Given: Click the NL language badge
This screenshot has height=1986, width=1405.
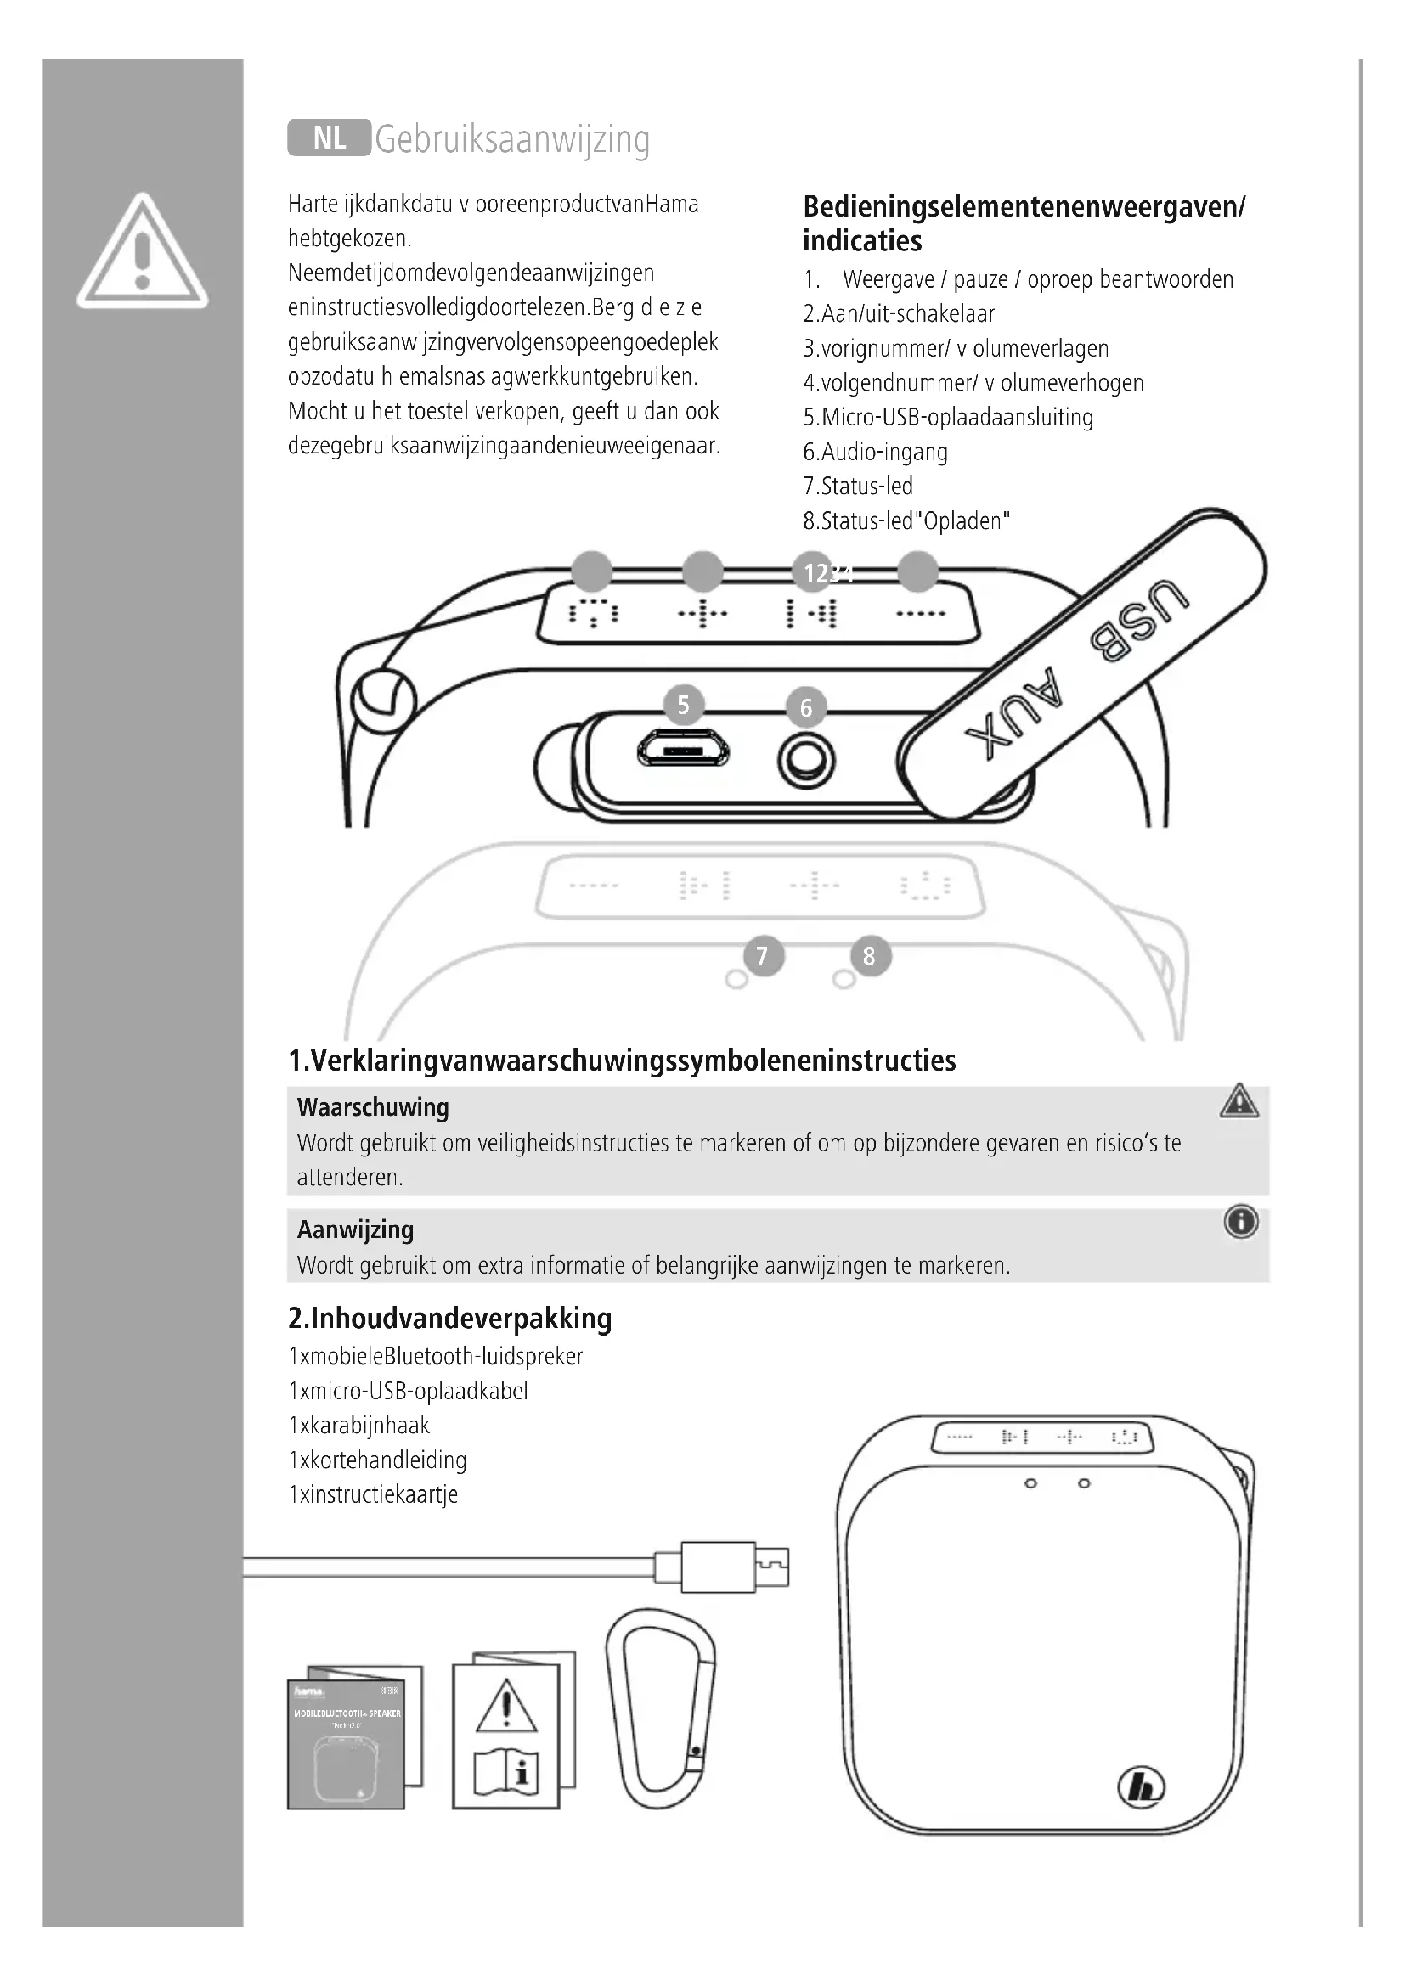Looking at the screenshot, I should pos(329,138).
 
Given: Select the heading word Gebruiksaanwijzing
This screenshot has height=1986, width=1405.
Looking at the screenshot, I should pos(512,139).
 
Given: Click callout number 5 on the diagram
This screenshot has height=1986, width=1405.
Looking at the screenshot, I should pos(684,706).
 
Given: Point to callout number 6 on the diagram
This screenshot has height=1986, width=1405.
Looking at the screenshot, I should pos(806,708).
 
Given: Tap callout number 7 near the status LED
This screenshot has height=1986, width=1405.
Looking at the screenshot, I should pos(762,957).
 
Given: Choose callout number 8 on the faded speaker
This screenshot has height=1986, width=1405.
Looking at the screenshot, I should pos(870,957).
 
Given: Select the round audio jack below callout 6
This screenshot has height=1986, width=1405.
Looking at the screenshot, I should pos(806,761).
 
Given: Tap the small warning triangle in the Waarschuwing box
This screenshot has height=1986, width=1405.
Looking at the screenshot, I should pos(1239,1101).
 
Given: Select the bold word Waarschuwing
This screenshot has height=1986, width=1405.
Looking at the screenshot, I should pos(373,1107).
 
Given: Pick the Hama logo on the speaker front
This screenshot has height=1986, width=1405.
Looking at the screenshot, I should pos(1141,1786).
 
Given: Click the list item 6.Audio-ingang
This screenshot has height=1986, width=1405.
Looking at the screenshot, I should pos(875,452).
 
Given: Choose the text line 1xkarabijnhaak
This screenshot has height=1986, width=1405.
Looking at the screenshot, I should pos(359,1425).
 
